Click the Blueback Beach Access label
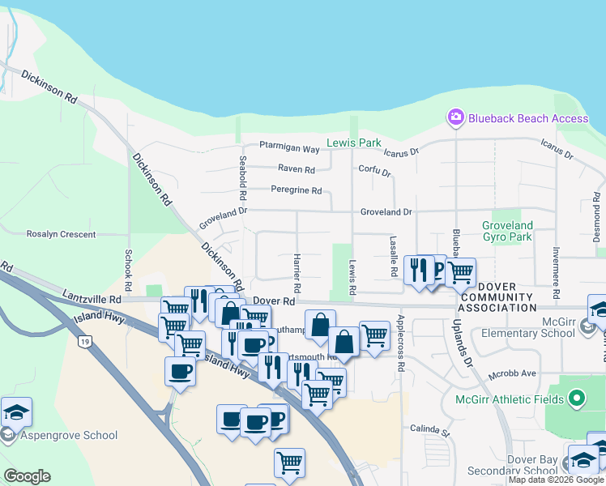530,118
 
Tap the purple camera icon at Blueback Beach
455,118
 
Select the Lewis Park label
353,143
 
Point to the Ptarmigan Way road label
289,148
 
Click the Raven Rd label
296,169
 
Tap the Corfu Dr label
374,173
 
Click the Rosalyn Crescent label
61,234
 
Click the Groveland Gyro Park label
507,231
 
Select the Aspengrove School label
70,435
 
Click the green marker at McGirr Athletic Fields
576,399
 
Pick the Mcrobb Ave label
513,373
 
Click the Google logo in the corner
27,476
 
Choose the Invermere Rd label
557,270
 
